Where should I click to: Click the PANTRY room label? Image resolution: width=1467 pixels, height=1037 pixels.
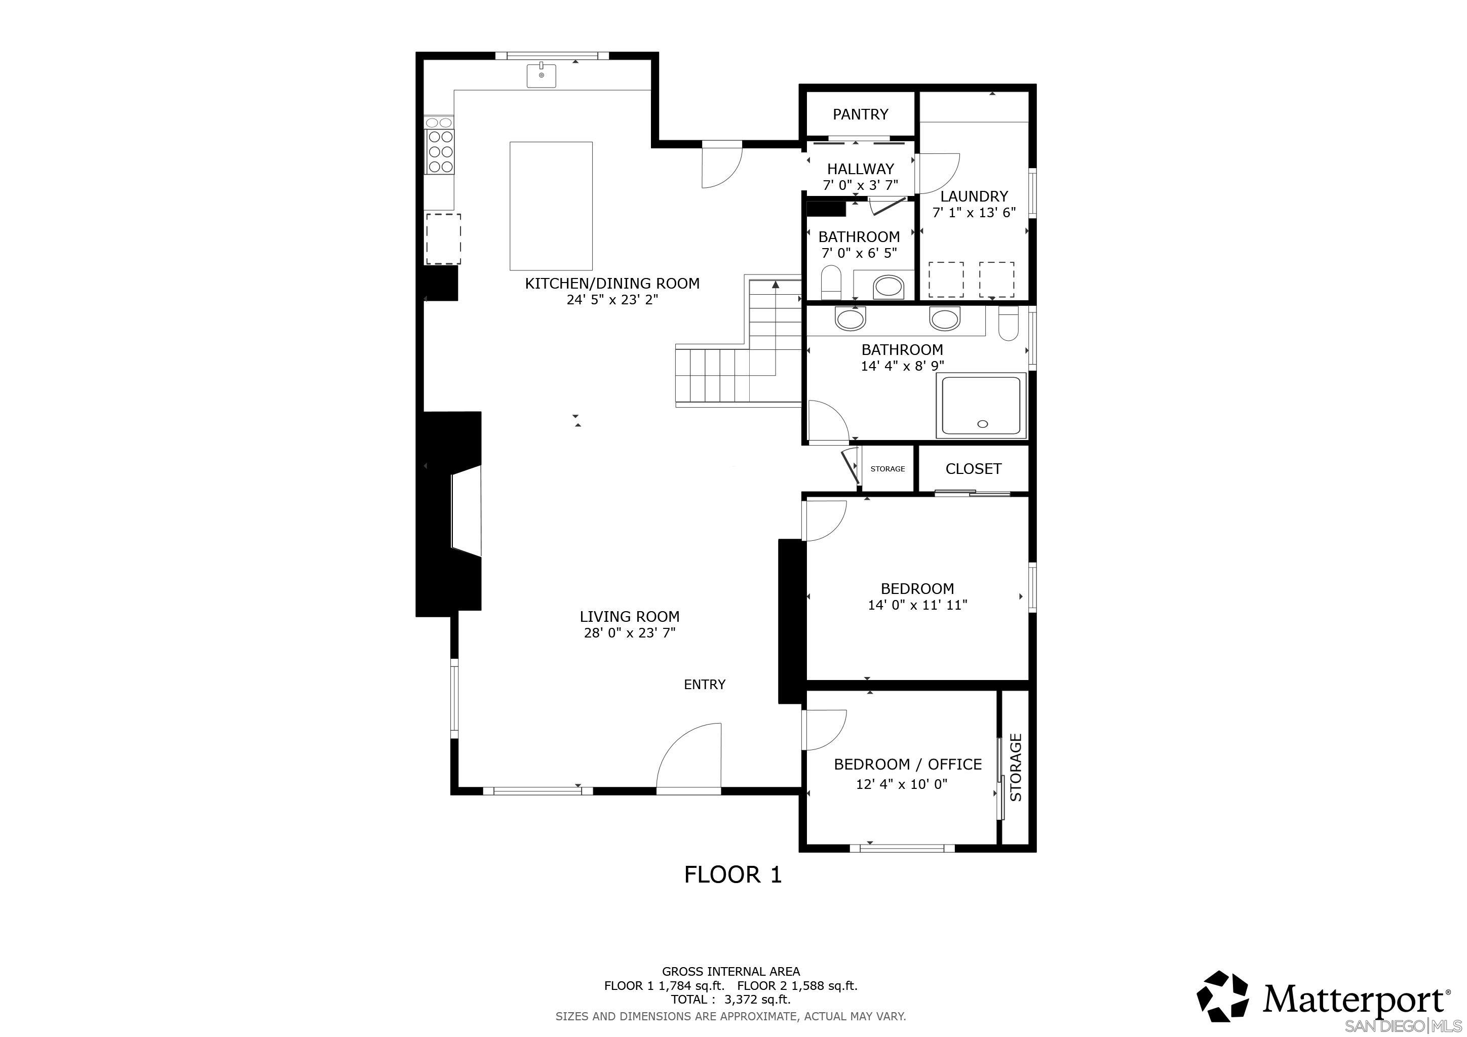point(860,114)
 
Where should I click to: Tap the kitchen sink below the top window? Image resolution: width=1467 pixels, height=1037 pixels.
point(541,75)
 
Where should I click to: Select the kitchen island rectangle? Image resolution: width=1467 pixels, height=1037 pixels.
point(551,206)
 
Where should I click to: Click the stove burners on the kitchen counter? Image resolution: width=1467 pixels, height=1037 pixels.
point(440,151)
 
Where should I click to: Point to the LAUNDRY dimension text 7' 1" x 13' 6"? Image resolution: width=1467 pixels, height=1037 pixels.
point(974,213)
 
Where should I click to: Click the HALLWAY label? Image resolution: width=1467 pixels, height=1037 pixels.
point(860,169)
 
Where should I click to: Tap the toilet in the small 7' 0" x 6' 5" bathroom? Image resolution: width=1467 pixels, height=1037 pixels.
point(831,282)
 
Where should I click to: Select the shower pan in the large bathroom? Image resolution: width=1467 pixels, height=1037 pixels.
point(981,406)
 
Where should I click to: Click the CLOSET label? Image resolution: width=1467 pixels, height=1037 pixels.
point(973,469)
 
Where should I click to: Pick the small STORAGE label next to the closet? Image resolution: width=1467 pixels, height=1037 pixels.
point(887,469)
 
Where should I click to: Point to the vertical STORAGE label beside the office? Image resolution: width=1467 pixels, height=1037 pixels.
point(1016,768)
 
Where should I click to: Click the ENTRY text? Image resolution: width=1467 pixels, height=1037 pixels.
point(704,685)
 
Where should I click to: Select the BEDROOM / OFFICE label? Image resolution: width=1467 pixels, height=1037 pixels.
point(907,765)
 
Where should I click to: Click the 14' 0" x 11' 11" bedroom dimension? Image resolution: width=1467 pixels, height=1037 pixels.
point(917,605)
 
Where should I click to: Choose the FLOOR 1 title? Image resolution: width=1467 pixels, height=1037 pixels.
point(733,874)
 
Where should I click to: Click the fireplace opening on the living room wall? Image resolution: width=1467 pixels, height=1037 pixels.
point(465,512)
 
